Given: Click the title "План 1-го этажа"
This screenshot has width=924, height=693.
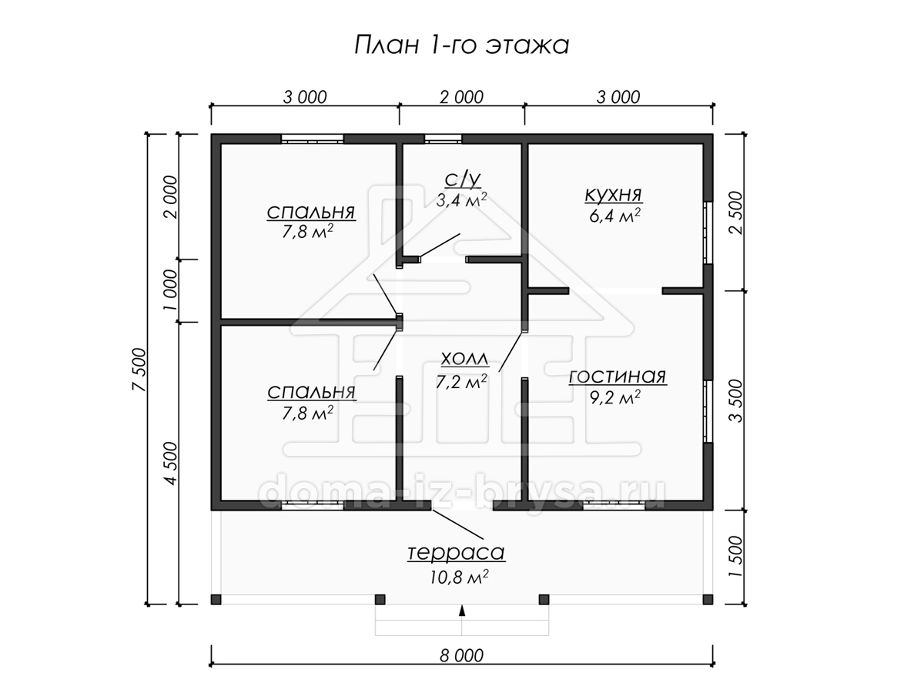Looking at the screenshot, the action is [x=461, y=45].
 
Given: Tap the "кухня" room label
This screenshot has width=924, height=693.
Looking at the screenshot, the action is [x=614, y=194].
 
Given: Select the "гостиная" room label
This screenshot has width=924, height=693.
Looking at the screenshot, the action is [x=618, y=377].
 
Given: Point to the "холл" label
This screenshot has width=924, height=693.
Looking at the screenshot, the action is [x=465, y=359].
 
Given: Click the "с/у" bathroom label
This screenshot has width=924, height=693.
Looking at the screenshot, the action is [x=463, y=179].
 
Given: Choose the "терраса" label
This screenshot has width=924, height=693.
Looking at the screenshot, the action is [x=456, y=552].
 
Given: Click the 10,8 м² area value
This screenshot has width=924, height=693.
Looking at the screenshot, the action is [x=459, y=577].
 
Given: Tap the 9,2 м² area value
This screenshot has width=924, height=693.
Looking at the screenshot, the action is [x=615, y=397].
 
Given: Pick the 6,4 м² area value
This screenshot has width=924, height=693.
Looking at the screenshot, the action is [x=615, y=216].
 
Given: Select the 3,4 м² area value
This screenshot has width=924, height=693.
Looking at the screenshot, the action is [x=461, y=200].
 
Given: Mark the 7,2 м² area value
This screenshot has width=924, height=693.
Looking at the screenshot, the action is [x=461, y=382].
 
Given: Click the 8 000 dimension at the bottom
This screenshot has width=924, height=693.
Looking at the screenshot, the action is [x=461, y=655].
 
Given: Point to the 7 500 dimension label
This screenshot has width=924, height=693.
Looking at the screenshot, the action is [x=139, y=370].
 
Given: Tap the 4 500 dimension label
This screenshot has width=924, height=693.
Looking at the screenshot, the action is [x=171, y=464].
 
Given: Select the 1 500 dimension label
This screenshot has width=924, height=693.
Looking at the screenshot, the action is [x=736, y=556].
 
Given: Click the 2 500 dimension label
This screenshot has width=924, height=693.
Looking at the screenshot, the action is [x=736, y=213].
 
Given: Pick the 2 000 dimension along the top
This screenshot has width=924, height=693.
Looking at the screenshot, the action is [x=461, y=98].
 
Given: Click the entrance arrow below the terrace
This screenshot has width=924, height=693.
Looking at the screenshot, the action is [x=462, y=611].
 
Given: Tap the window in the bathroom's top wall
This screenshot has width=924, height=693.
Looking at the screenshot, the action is [x=443, y=139].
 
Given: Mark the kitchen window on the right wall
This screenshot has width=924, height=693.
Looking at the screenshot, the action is [x=708, y=233].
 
